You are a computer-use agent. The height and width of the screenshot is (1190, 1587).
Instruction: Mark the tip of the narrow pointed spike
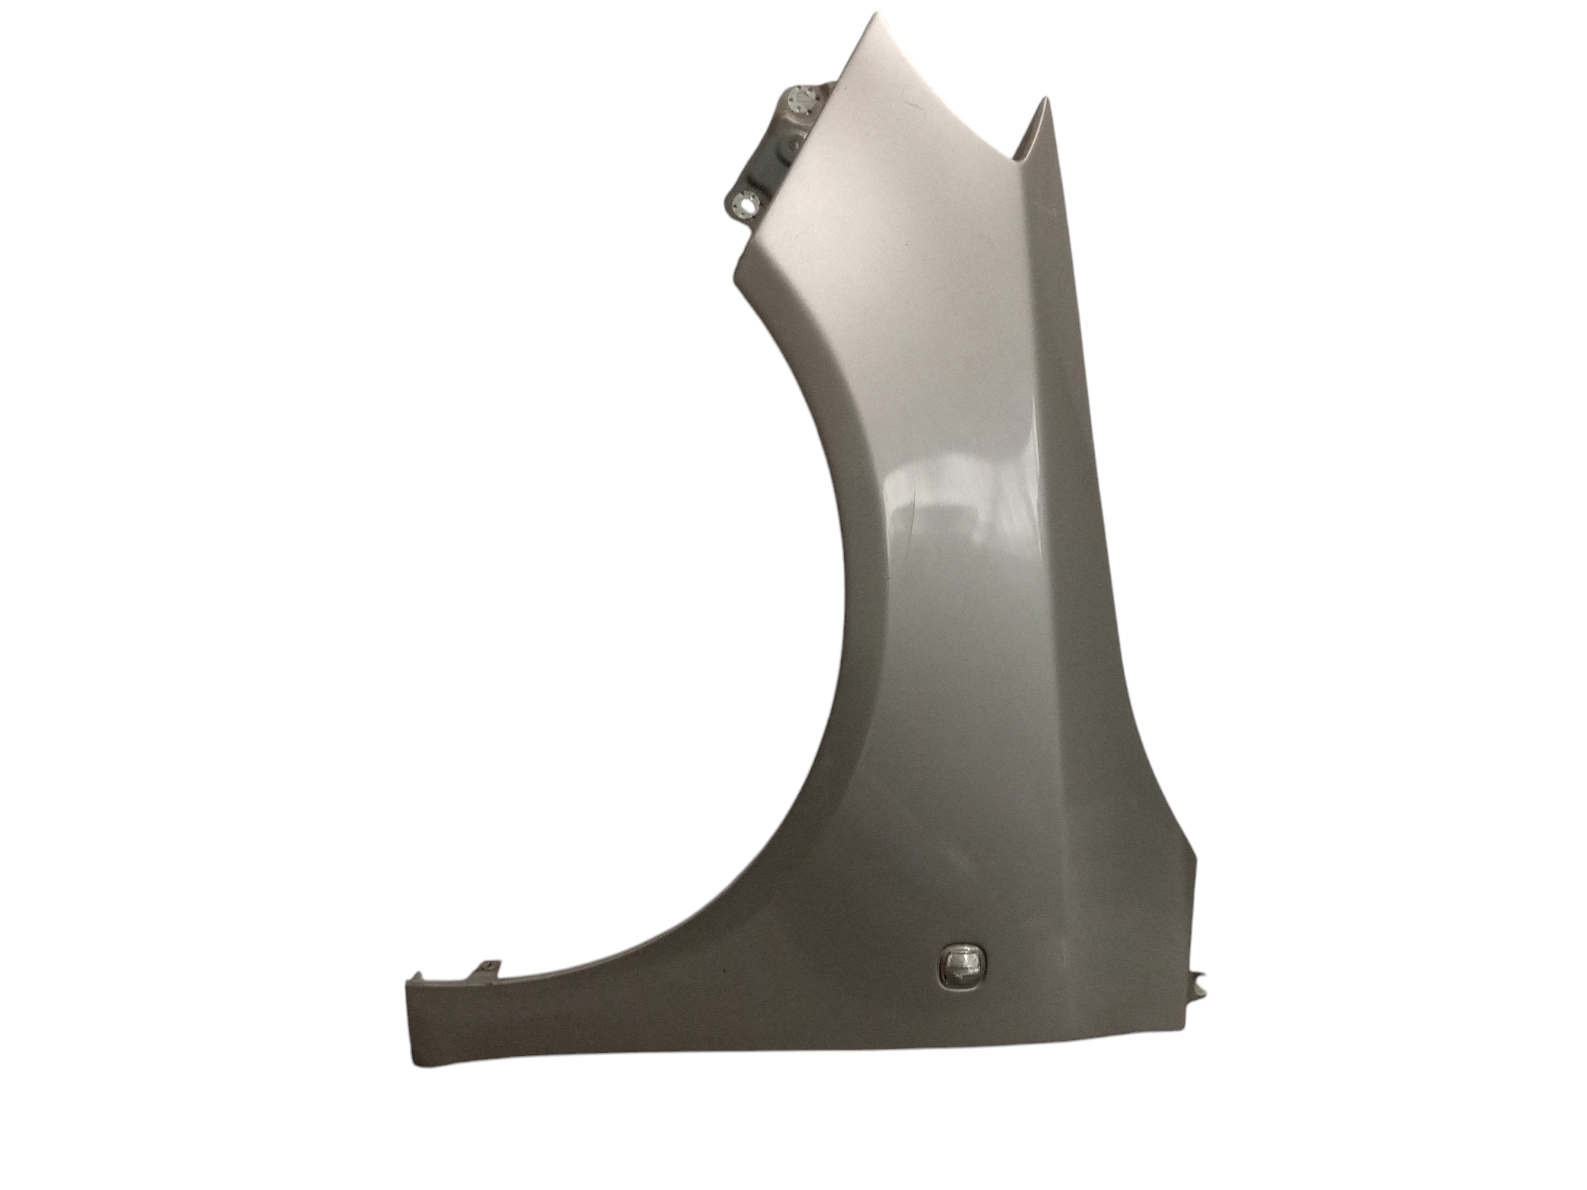[x=1044, y=100]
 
